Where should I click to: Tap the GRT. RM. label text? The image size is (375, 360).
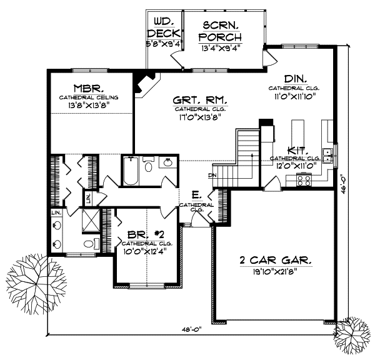tap(200, 100)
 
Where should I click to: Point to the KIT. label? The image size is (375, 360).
tap(296, 150)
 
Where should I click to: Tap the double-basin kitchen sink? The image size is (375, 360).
tap(329, 153)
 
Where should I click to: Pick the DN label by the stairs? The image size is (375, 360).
tap(212, 176)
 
